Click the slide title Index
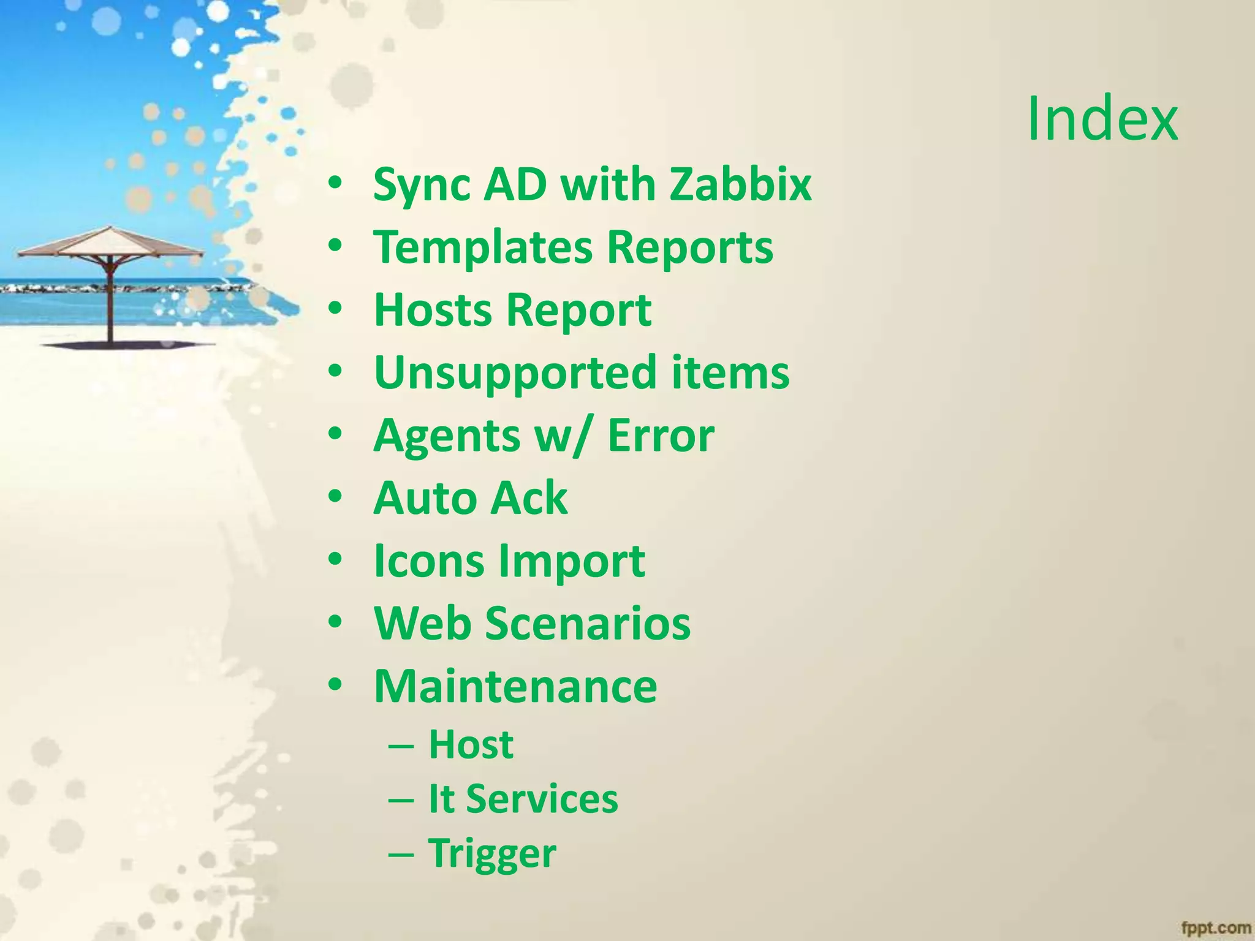1102,119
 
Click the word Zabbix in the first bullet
740,184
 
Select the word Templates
483,248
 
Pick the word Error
661,436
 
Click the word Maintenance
515,687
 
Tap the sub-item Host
471,744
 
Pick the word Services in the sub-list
542,799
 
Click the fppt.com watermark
1216,928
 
